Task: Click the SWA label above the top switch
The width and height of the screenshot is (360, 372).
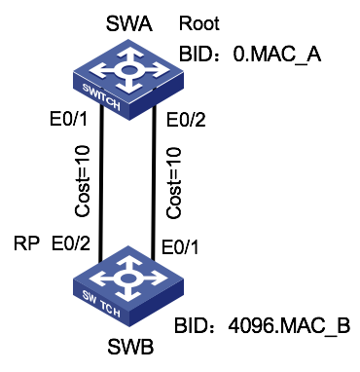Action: pos(125,22)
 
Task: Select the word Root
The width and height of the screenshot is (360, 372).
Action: pos(200,22)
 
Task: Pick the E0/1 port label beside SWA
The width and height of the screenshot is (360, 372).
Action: pos(70,121)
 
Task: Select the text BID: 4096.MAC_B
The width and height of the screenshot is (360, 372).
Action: pos(260,324)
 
